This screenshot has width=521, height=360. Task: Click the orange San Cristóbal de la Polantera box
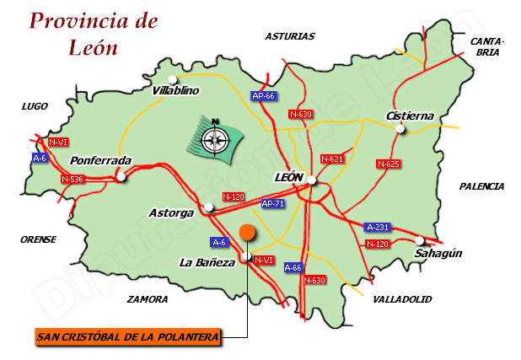click(x=129, y=337)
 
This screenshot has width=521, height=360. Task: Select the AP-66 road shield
click(x=264, y=96)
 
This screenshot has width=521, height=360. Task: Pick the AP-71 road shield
click(x=272, y=204)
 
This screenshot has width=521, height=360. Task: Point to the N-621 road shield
click(x=332, y=159)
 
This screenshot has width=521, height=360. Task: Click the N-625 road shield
click(x=388, y=164)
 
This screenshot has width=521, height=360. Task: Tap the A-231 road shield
click(x=377, y=227)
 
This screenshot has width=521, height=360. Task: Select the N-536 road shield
click(x=73, y=179)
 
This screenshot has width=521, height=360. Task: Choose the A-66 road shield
click(x=293, y=267)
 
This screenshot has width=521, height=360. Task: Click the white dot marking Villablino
click(x=172, y=80)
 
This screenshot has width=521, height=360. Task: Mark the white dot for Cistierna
click(x=401, y=129)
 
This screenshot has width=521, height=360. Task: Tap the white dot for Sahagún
click(x=419, y=240)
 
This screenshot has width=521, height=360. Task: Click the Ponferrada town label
click(x=101, y=160)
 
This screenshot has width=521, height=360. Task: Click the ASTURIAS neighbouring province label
click(x=289, y=36)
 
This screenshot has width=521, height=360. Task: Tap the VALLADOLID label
click(x=401, y=299)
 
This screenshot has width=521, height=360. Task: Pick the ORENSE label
click(x=38, y=239)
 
